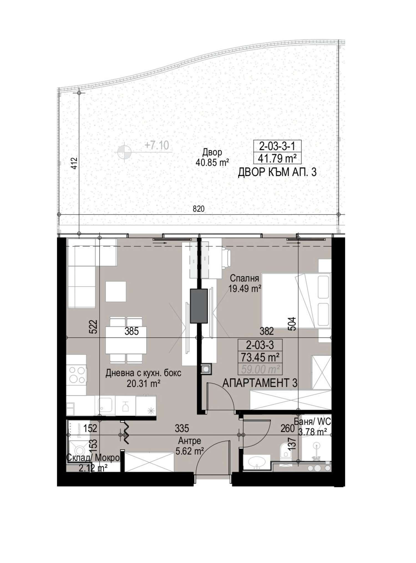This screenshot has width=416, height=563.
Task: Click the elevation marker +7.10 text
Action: [x=157, y=145]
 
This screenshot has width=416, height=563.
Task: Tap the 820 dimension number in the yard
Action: [x=199, y=209]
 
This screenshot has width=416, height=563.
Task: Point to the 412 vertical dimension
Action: [x=73, y=163]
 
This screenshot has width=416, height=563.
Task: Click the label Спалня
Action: [x=244, y=278]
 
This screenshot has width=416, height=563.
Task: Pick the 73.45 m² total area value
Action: [x=260, y=357]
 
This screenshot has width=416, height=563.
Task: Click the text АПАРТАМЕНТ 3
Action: [x=260, y=383]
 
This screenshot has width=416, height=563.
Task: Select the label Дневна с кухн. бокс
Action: [x=143, y=373]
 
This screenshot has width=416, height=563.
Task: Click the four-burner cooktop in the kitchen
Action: [x=77, y=375]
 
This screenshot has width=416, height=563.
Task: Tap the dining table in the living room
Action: [x=126, y=340]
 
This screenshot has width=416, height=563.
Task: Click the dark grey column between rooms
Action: [x=199, y=306]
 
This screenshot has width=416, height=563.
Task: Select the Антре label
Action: [x=189, y=441]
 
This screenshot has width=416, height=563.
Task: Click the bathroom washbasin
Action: [x=256, y=462]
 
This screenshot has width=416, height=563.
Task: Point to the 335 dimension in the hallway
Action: [x=182, y=428]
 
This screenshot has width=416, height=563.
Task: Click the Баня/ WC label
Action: [x=312, y=422]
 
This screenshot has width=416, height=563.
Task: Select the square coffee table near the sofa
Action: [x=116, y=292]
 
